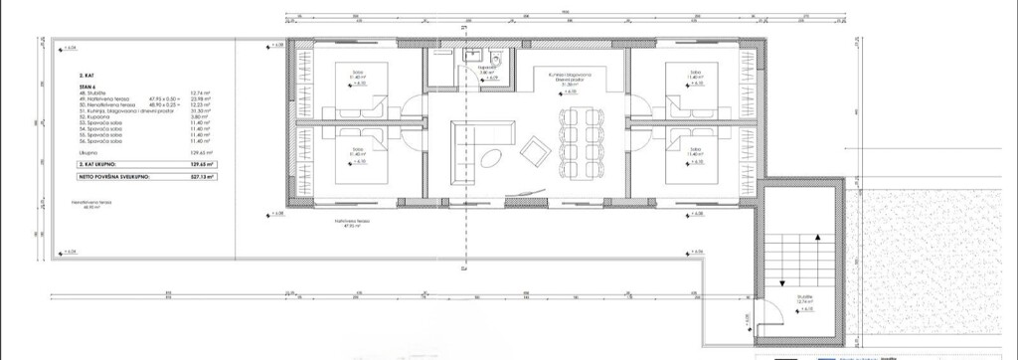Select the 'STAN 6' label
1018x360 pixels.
(x=86, y=87)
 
